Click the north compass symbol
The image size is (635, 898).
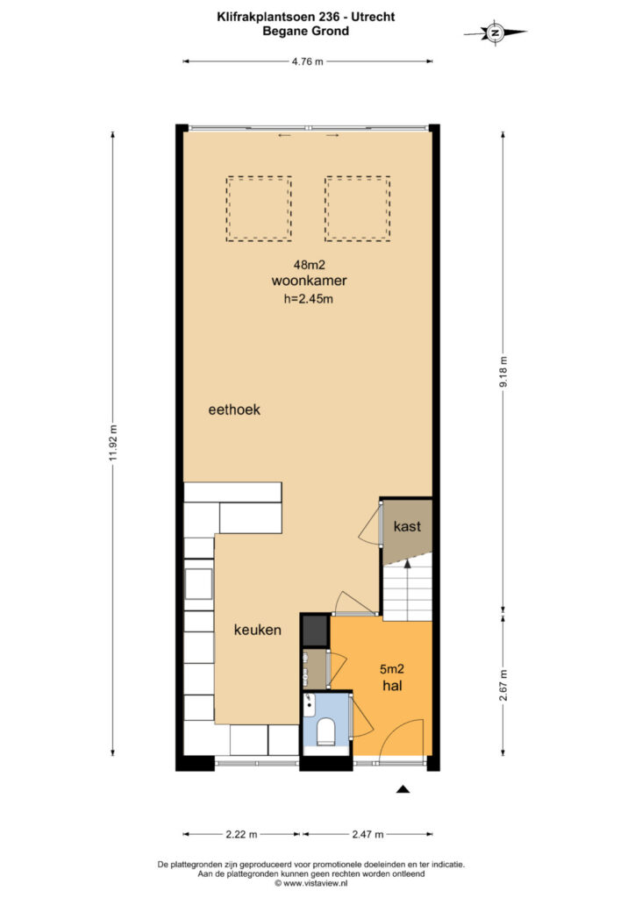pos(496,32)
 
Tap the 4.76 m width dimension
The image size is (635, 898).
pos(308,61)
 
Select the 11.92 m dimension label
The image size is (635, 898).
pos(113,443)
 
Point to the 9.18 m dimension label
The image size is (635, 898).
pos(503,372)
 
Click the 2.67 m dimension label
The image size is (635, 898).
pos(503,685)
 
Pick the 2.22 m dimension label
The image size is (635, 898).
pos(241,834)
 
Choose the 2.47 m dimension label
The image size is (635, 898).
pos(367,834)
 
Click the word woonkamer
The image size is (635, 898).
pos(310,281)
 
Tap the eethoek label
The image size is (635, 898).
pos(234,410)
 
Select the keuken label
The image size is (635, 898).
pos(258,630)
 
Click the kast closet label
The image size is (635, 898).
pos(407,526)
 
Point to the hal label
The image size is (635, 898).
pos(393,685)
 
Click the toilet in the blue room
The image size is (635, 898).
pos(325,732)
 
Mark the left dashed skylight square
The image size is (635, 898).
pos(259,209)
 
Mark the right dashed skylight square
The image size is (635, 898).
pos(358,209)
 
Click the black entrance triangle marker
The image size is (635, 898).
pos(403,789)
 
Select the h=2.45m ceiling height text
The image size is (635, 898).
pos(309,298)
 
